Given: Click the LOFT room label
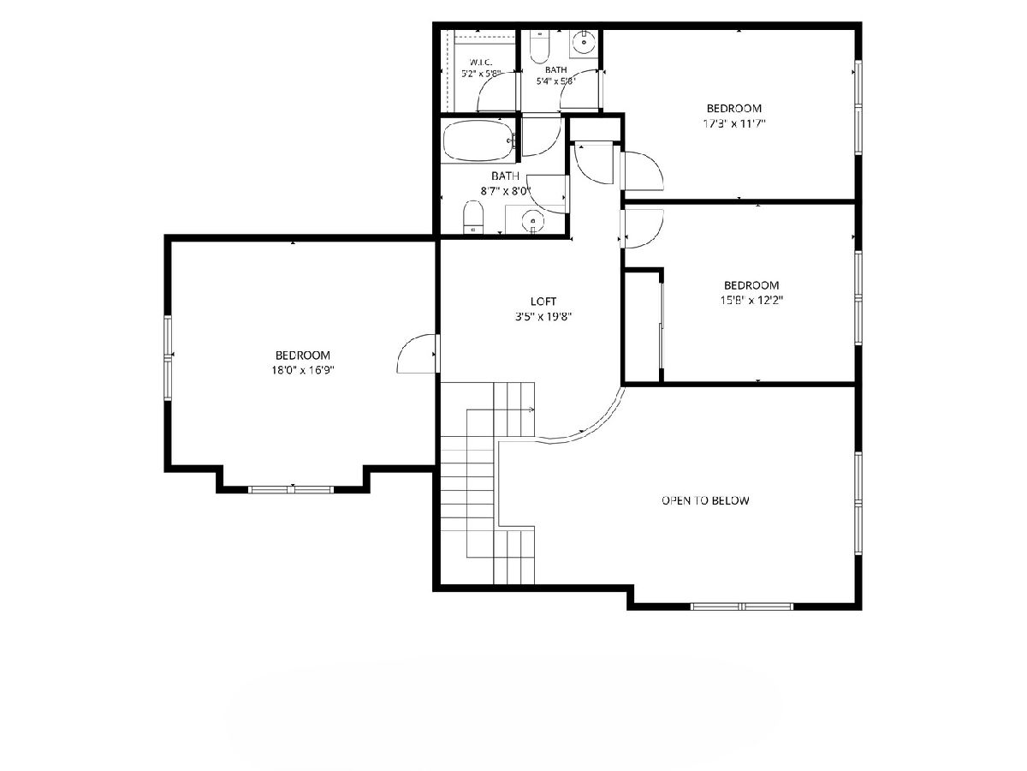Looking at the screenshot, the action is pyautogui.click(x=543, y=301).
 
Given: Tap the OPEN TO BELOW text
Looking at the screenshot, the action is pyautogui.click(x=705, y=500).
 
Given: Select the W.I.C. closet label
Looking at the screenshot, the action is pyautogui.click(x=480, y=63).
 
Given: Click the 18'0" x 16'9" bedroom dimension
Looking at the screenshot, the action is pyautogui.click(x=303, y=370).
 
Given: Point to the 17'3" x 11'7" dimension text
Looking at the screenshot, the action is pyautogui.click(x=734, y=123).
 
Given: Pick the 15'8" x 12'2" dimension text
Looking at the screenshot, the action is pyautogui.click(x=751, y=300).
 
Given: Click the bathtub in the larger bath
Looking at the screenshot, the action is pyautogui.click(x=479, y=141).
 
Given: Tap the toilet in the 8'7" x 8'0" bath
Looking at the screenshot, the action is pyautogui.click(x=473, y=217).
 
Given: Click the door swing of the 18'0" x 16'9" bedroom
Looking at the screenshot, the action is pyautogui.click(x=417, y=354).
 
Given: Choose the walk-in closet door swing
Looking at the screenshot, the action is pyautogui.click(x=496, y=92).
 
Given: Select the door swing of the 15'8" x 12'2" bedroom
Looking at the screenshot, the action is pyautogui.click(x=644, y=229).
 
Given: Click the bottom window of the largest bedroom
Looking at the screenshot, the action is pyautogui.click(x=290, y=490).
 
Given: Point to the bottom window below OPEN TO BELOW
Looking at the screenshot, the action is pyautogui.click(x=742, y=607).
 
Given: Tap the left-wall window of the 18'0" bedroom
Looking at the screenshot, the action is pyautogui.click(x=168, y=358).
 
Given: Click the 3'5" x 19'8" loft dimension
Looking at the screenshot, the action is pyautogui.click(x=543, y=316).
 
